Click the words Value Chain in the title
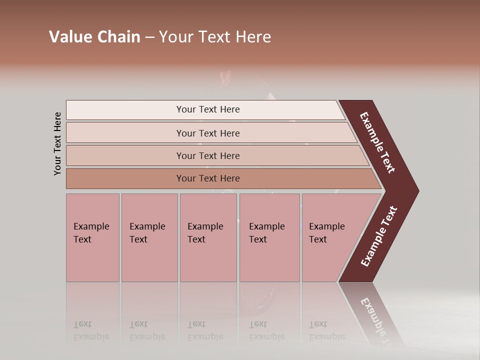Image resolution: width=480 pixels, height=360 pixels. (x=94, y=37)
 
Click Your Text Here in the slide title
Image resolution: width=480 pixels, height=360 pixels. (x=215, y=37)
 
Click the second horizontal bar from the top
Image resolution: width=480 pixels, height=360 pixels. (x=208, y=133)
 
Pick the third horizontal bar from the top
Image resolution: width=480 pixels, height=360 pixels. (x=208, y=155)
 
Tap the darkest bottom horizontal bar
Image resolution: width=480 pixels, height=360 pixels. (x=208, y=178)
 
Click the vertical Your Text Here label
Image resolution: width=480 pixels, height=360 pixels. (x=57, y=143)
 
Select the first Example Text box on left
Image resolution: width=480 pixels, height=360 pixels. (x=92, y=237)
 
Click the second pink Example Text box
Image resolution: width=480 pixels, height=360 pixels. (x=149, y=237)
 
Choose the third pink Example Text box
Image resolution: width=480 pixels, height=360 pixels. (x=208, y=237)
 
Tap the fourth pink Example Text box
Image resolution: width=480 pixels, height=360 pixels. (x=269, y=237)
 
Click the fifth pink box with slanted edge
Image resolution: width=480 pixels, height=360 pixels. (x=330, y=237)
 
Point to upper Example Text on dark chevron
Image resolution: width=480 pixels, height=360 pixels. (x=377, y=142)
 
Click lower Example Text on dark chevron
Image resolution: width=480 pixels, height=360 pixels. (x=379, y=236)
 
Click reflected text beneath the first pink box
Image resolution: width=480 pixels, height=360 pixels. (x=91, y=330)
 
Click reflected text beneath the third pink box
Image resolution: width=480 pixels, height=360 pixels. (x=205, y=330)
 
